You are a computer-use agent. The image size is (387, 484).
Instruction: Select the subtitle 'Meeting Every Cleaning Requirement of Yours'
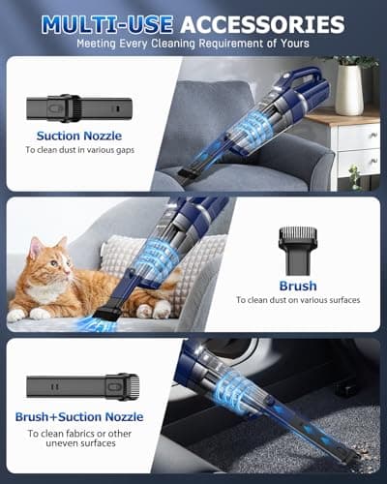(x=193, y=45)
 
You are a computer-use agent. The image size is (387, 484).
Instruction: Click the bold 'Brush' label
(x=297, y=285)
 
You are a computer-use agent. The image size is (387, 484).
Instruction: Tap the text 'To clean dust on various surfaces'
(x=297, y=301)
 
